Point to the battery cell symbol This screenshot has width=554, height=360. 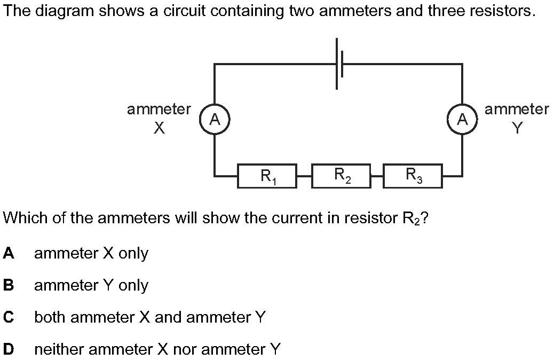click(x=339, y=64)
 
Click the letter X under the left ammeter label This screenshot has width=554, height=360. click(x=160, y=128)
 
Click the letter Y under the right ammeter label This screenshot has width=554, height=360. click(x=517, y=128)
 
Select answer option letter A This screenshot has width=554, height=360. click(x=9, y=253)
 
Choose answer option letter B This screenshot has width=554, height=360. click(x=9, y=285)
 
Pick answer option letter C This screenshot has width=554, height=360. click(x=9, y=317)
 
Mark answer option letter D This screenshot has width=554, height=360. click(x=9, y=349)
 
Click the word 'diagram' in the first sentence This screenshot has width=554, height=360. click(x=65, y=12)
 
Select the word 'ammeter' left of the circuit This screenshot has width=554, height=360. click(x=159, y=109)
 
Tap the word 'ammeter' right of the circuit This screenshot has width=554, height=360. click(x=517, y=109)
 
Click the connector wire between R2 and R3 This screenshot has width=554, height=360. click(x=377, y=175)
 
